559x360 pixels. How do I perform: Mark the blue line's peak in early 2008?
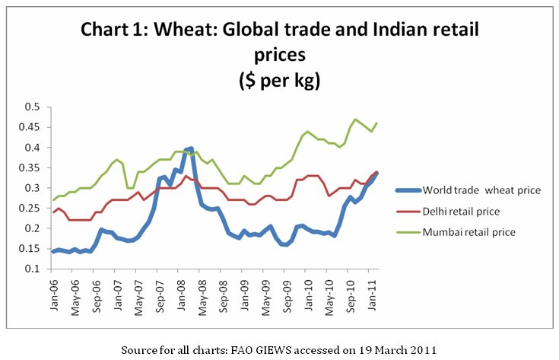point(190,148)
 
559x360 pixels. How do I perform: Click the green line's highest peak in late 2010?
point(355,119)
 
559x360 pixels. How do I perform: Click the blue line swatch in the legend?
point(408,190)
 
